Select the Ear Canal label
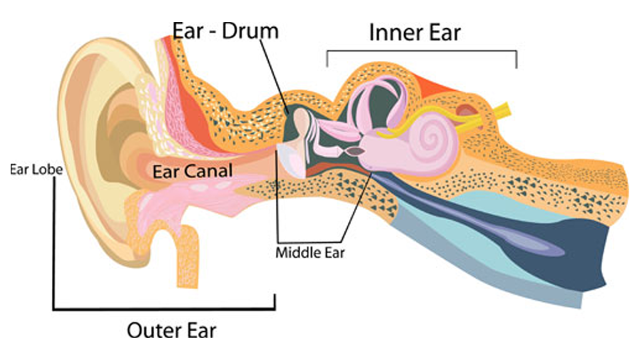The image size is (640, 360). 193,171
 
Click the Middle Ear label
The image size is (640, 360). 310,252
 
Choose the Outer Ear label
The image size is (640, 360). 171,330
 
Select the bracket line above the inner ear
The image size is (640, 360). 421,51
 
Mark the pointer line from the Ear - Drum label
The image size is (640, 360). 274,75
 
